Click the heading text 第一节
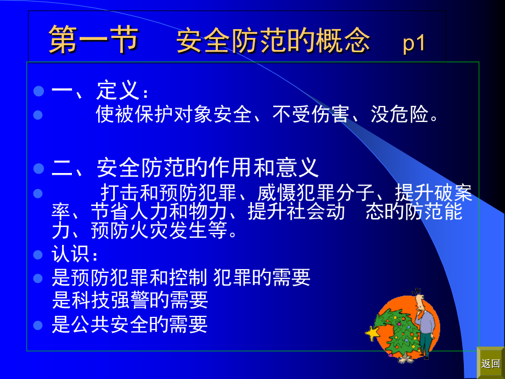click(x=93, y=41)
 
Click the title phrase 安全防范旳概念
click(x=273, y=41)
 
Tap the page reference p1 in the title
click(x=414, y=43)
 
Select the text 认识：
click(x=76, y=255)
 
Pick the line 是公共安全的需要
click(x=130, y=325)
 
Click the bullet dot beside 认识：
click(x=38, y=255)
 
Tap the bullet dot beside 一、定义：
click(x=38, y=91)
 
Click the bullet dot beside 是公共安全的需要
click(x=38, y=325)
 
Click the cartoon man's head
click(x=419, y=300)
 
